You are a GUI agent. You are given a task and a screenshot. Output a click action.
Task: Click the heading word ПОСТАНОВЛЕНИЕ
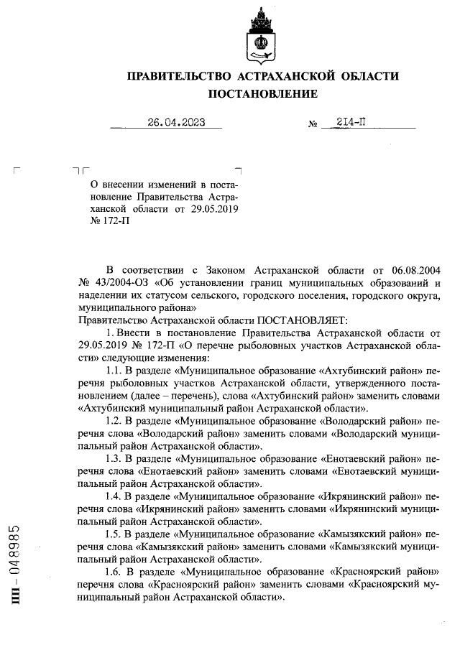click(262, 94)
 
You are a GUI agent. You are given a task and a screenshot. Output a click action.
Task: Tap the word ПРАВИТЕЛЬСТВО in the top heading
click(176, 76)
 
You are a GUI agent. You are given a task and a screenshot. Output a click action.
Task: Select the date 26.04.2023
click(176, 122)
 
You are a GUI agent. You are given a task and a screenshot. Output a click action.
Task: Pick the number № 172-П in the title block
click(106, 221)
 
